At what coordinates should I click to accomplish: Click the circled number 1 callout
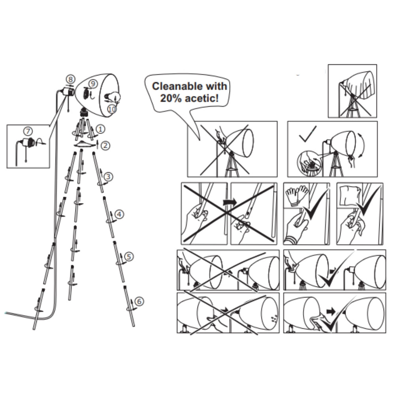(x=100, y=129)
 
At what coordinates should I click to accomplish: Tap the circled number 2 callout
(x=105, y=145)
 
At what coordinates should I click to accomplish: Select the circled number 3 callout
(x=108, y=177)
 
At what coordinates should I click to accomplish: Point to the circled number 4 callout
(x=119, y=214)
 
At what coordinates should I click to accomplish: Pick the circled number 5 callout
(x=129, y=256)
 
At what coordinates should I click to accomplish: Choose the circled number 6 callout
(x=139, y=301)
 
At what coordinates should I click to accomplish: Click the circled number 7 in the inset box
(x=28, y=131)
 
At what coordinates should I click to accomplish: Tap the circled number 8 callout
(x=70, y=79)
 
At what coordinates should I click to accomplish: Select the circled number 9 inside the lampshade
(x=93, y=83)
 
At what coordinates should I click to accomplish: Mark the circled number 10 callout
(x=112, y=109)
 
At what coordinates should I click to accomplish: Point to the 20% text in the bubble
(x=171, y=98)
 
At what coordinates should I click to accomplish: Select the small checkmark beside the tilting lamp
(x=308, y=134)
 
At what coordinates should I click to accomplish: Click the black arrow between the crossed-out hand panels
(x=230, y=203)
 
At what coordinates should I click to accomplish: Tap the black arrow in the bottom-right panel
(x=331, y=311)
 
